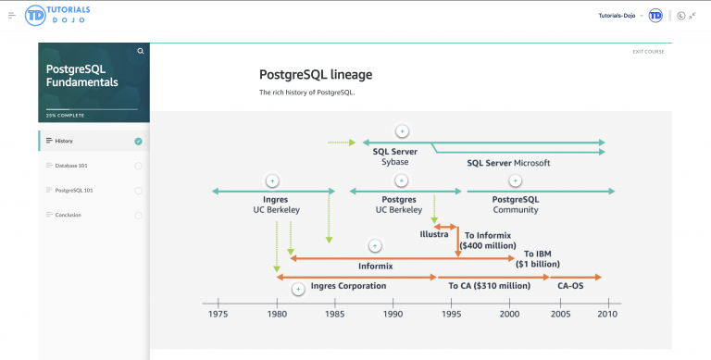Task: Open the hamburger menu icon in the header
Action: (x=12, y=16)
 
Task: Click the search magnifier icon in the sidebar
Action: (x=141, y=51)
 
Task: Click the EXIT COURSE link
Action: (x=648, y=51)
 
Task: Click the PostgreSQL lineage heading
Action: (x=316, y=74)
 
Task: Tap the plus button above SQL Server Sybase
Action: (x=402, y=131)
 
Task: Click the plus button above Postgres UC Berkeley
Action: (x=401, y=180)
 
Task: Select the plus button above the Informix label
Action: (x=375, y=246)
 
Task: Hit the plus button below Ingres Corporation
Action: (x=298, y=290)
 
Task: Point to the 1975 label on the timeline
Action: (x=218, y=315)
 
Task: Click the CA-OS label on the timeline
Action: (x=570, y=286)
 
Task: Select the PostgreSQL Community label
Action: (x=516, y=205)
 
